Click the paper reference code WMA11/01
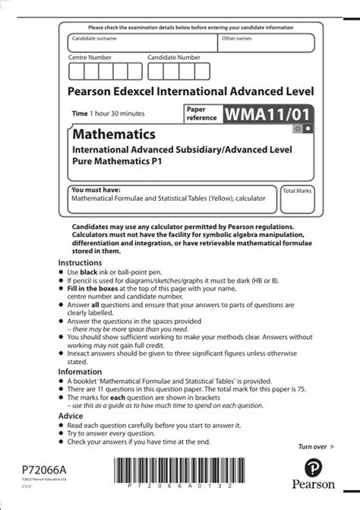pos(267,113)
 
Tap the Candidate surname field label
pos(95,37)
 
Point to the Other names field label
pos(237,37)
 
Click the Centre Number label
pos(90,57)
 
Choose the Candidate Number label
pos(174,57)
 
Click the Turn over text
pos(312,447)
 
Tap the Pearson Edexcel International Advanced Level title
pos(191,92)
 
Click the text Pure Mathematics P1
pos(116,161)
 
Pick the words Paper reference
pos(201,113)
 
